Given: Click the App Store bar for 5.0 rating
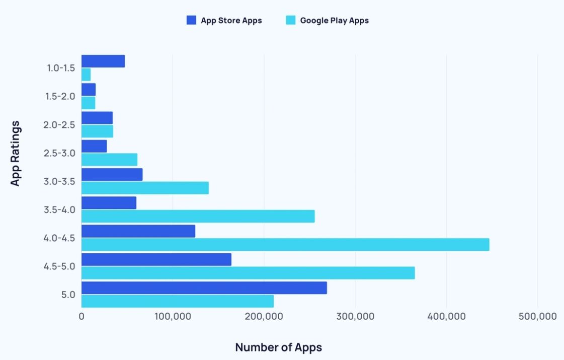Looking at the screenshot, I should click(x=204, y=288).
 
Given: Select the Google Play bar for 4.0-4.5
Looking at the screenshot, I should click(x=285, y=245).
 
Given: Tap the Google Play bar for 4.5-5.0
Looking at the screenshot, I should click(x=248, y=273).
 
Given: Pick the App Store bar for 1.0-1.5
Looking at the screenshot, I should click(x=103, y=61).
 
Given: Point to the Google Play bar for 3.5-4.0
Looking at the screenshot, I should click(x=198, y=216).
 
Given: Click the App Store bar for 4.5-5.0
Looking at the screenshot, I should click(x=156, y=259).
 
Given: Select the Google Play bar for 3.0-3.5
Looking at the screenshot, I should click(x=145, y=188).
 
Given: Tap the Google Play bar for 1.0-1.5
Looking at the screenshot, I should click(x=86, y=75).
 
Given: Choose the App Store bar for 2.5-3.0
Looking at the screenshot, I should click(x=94, y=146).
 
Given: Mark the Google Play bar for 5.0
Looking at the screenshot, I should click(x=178, y=301).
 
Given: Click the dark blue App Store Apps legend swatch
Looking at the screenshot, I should click(x=191, y=21).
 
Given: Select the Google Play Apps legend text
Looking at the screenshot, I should click(x=334, y=21).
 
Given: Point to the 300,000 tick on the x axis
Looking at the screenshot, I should click(x=355, y=317).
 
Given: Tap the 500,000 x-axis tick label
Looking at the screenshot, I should click(x=537, y=317).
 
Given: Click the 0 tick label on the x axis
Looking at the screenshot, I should click(x=82, y=317).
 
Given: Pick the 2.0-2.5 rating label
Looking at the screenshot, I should click(x=59, y=124).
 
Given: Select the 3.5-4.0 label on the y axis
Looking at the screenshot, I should click(x=59, y=209).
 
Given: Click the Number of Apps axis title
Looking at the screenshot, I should click(x=278, y=347).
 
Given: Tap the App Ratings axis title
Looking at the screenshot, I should click(x=16, y=153).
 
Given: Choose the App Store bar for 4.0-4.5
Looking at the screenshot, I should click(x=138, y=231).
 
